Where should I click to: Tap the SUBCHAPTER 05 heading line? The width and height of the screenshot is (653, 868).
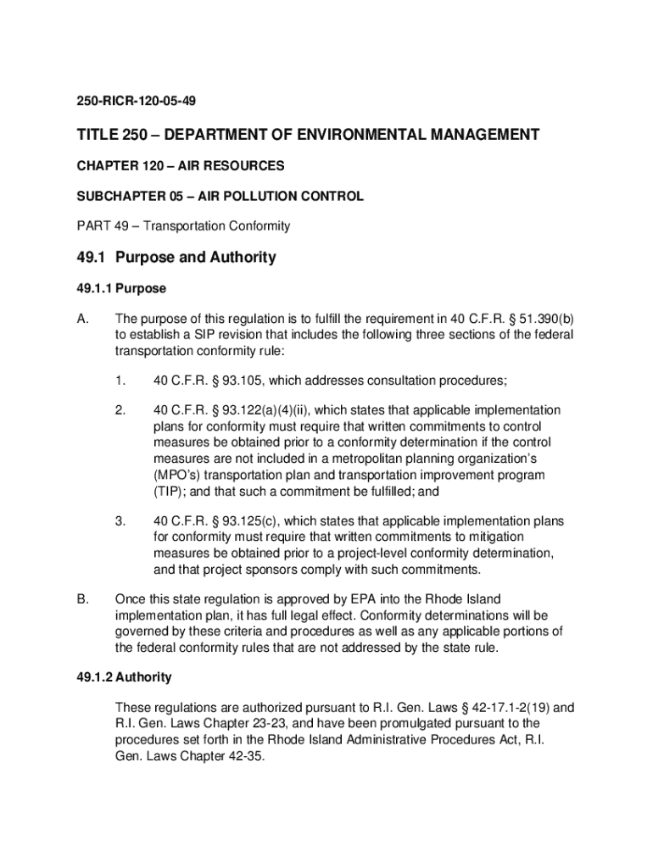click(220, 196)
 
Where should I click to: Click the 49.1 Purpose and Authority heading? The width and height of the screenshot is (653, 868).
click(176, 258)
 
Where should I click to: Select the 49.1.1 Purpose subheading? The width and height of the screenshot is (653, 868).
click(120, 288)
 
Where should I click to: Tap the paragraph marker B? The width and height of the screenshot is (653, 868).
click(83, 599)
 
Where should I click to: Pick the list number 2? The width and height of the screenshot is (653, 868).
click(121, 410)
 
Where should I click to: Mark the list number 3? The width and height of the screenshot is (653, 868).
click(121, 520)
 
